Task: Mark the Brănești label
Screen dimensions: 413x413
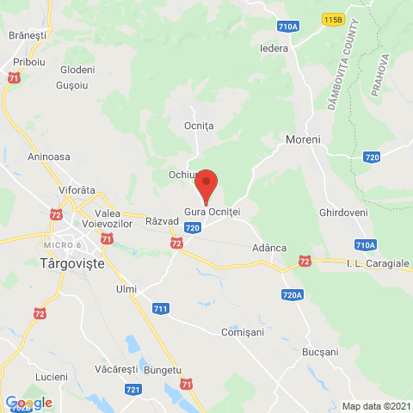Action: (27, 35)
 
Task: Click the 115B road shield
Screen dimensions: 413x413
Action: (332, 17)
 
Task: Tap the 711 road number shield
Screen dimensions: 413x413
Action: (160, 308)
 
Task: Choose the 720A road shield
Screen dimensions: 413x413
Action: (292, 295)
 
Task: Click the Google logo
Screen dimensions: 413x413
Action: (28, 402)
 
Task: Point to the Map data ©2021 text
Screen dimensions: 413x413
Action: (375, 406)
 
